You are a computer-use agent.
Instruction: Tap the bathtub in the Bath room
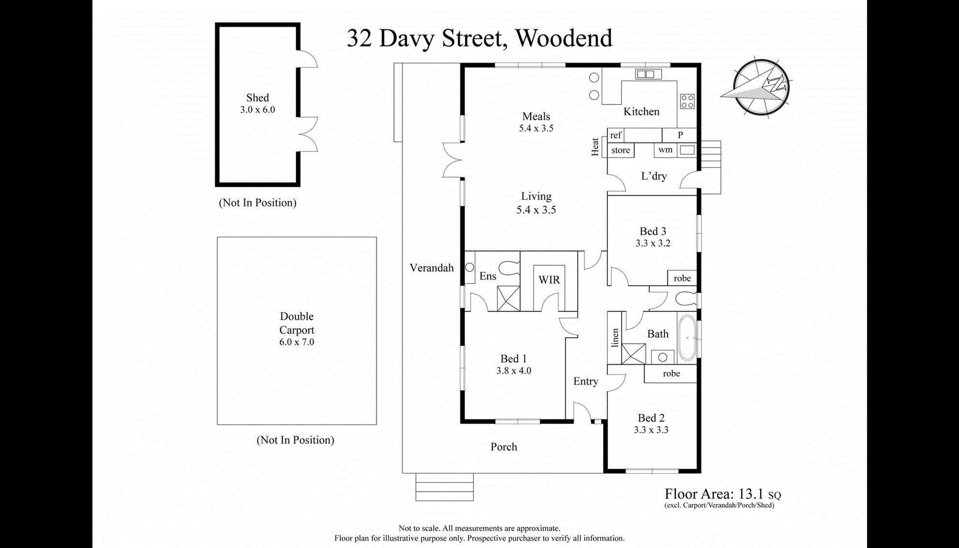pos(688,337)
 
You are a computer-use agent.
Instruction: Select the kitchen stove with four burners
pos(687,101)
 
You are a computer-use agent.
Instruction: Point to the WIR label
pos(549,280)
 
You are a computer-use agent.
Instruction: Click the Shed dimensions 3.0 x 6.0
pos(257,110)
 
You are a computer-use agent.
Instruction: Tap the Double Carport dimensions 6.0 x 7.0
pos(296,342)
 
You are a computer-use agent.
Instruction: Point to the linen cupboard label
pos(615,338)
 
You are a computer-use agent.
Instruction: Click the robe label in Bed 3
pos(682,278)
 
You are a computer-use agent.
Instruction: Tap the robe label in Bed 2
pos(671,373)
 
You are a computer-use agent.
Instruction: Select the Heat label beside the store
pos(595,147)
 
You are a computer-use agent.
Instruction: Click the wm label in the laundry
pos(665,150)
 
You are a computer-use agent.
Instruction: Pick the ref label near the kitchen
pos(615,135)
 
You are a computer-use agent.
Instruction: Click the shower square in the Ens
pos(508,298)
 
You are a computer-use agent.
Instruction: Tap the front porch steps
pos(444,487)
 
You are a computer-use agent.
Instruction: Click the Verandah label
pos(431,268)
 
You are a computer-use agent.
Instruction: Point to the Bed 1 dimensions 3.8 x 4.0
pos(513,371)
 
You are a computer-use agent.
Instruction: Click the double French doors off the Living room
pos(452,160)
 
